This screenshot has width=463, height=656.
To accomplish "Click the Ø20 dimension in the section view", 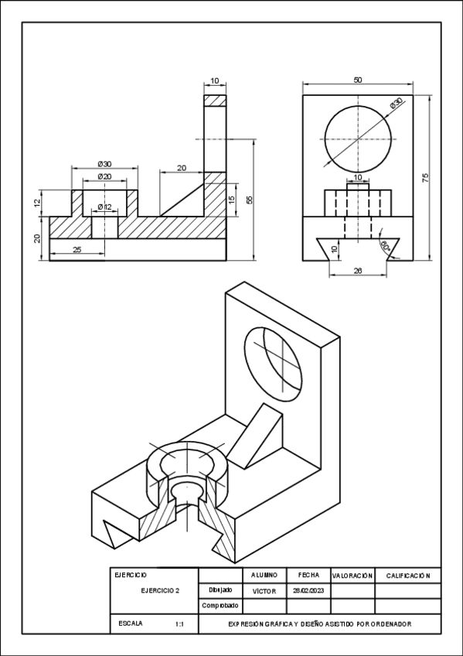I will [104, 177].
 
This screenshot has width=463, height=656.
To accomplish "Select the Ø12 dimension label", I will [105, 207].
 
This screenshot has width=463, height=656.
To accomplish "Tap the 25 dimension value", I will [77, 249].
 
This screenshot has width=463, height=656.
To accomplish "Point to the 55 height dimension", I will [249, 200].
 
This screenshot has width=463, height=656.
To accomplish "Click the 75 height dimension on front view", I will [425, 178].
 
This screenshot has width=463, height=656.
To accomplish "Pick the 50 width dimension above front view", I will [357, 80].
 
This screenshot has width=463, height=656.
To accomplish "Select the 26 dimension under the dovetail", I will [357, 270].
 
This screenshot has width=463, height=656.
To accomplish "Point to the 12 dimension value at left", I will [36, 203].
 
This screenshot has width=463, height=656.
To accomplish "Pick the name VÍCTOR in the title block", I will [264, 590].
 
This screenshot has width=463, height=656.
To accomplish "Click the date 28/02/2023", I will [308, 590].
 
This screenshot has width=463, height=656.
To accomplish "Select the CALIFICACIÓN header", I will [407, 576].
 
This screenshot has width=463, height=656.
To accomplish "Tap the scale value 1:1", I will [179, 624].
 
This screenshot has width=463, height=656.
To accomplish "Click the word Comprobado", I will [220, 606].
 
